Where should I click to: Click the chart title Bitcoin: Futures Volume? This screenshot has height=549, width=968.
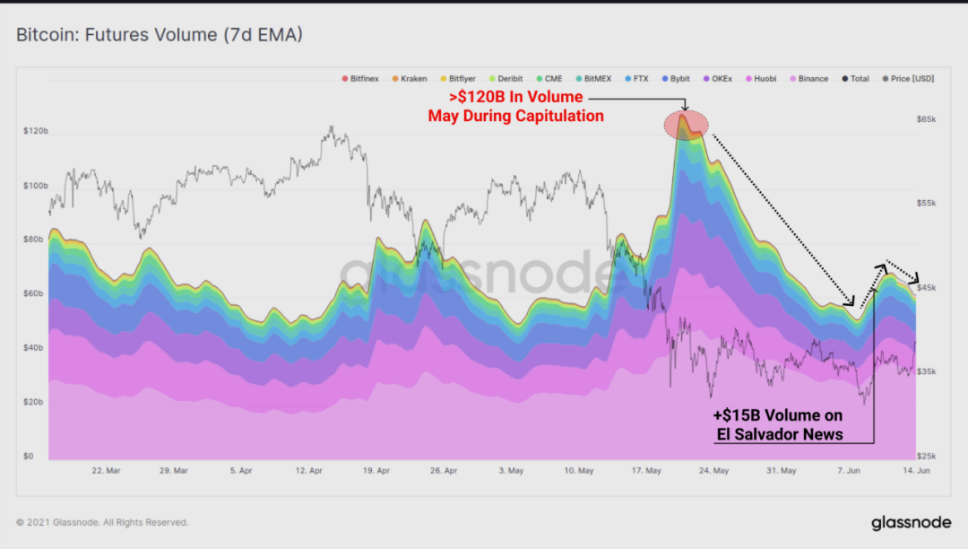pyautogui.click(x=160, y=35)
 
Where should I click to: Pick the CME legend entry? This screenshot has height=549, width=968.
pyautogui.click(x=549, y=79)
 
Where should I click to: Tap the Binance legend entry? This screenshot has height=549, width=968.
pyautogui.click(x=808, y=79)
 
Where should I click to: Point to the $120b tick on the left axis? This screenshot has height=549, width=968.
pyautogui.click(x=36, y=131)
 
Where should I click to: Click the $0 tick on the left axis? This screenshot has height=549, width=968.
pyautogui.click(x=29, y=457)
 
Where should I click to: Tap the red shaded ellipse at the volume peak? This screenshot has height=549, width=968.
pyautogui.click(x=686, y=126)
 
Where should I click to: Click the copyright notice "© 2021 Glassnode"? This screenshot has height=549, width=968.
pyautogui.click(x=102, y=522)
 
